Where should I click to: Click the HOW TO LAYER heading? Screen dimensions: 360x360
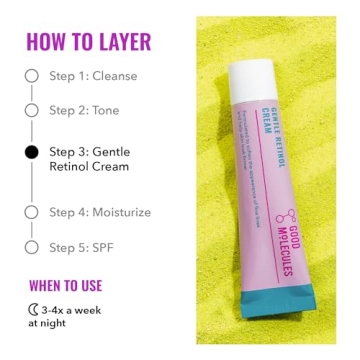(88, 41)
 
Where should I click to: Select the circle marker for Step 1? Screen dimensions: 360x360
(31, 75)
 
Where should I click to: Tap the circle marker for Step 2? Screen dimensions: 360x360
(31, 111)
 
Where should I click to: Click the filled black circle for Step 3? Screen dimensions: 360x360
(31, 151)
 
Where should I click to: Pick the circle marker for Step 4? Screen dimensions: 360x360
(31, 212)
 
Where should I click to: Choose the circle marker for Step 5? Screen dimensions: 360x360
(31, 246)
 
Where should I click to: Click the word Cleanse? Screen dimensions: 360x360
(115, 75)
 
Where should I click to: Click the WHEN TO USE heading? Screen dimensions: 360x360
(73, 285)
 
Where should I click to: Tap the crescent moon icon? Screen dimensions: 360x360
(33, 309)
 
